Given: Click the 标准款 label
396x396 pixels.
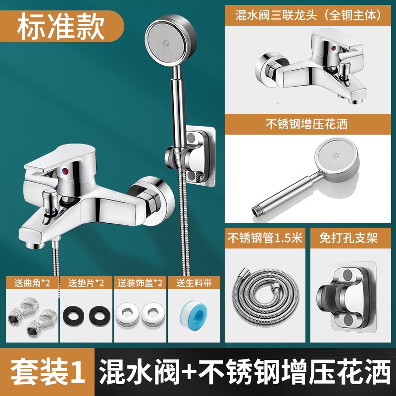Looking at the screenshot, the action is coord(60,26).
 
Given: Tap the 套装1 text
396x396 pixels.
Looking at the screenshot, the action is coord(48,372).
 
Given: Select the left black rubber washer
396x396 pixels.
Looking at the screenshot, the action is coord(73,316).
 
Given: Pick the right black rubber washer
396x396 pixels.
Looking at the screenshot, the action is coord(100,316).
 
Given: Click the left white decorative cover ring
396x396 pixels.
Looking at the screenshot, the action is coord(127,314).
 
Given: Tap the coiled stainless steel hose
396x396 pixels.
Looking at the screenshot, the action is coord(265,296).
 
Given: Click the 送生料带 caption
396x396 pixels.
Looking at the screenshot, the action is coord(194,283).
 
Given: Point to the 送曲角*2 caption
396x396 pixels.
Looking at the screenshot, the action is coord(32,283).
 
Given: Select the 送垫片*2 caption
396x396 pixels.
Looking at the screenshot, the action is coord(86,283).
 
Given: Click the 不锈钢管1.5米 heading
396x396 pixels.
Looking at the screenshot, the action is coord(265,238).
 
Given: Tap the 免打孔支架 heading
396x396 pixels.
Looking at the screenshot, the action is coord(348,238).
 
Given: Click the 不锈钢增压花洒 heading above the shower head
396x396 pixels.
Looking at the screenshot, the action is coord(306,124).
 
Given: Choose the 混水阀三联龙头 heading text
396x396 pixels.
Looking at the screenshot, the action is coord(276,15).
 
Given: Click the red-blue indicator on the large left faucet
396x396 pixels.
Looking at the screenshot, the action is coord(65,171).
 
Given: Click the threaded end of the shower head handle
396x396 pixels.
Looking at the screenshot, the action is coord(255,209).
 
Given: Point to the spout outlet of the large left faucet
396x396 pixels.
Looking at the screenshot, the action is coord(35,245).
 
